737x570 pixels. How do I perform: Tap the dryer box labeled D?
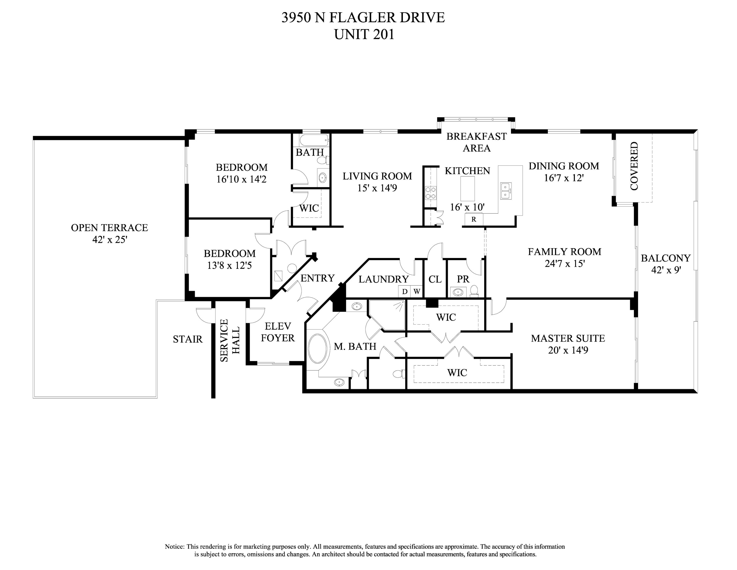pos(405,291)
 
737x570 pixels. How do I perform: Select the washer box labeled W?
pos(417,291)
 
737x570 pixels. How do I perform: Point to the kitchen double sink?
pos(506,191)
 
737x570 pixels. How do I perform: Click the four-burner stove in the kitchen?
pos(431,193)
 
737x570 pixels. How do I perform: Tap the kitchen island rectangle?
pos(468,188)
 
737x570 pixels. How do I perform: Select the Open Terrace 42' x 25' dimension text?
pos(110,240)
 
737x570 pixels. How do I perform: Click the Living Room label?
pos(377,176)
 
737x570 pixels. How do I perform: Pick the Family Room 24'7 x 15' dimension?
pos(565,263)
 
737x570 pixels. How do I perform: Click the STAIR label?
pos(188,339)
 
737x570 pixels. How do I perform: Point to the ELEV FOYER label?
pos(278,332)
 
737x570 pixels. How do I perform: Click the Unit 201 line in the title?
pos(364,34)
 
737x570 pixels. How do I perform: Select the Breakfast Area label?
pos(477,142)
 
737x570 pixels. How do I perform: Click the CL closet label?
pos(435,279)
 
